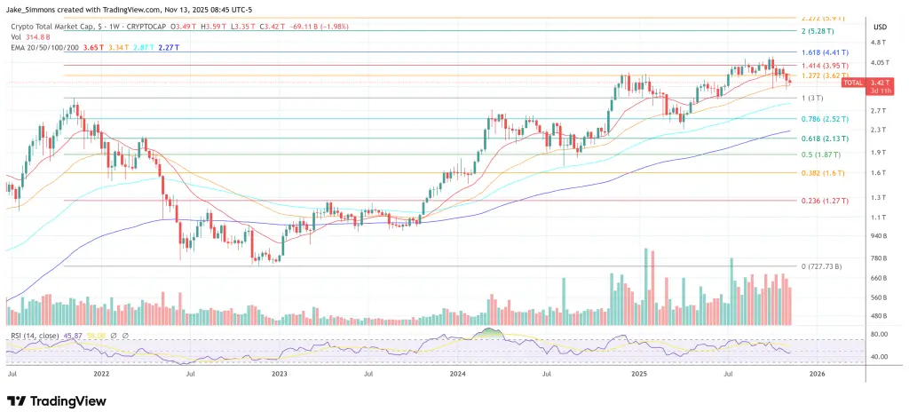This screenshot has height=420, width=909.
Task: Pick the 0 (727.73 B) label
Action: (x=821, y=266)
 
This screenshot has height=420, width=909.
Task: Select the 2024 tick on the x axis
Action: (x=459, y=375)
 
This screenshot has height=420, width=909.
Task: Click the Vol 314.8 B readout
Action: (x=27, y=36)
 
